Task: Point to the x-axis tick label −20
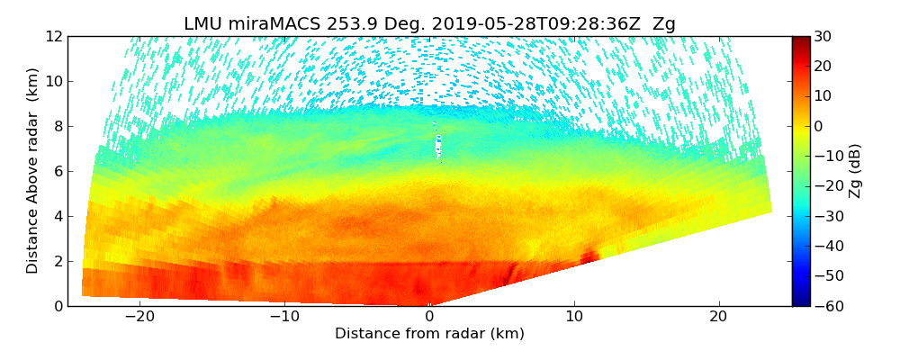tap(139, 317)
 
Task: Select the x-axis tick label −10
tap(284, 317)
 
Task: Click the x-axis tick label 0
tap(429, 317)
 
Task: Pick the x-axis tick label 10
tap(574, 317)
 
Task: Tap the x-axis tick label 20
tap(718, 317)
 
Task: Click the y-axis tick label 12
tap(55, 36)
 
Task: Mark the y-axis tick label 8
tap(58, 126)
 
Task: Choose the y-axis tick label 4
tap(58, 216)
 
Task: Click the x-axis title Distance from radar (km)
tap(429, 334)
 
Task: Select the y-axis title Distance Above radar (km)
tap(33, 171)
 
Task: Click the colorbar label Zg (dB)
tap(855, 171)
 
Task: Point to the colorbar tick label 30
tap(823, 36)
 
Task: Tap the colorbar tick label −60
tap(826, 306)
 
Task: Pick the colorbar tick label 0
tap(819, 126)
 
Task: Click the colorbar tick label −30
tap(826, 216)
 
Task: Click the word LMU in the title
tap(202, 24)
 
